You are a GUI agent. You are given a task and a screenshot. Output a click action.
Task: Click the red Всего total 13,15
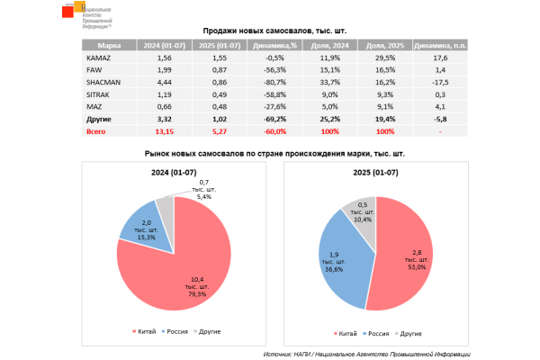coord(164,130)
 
